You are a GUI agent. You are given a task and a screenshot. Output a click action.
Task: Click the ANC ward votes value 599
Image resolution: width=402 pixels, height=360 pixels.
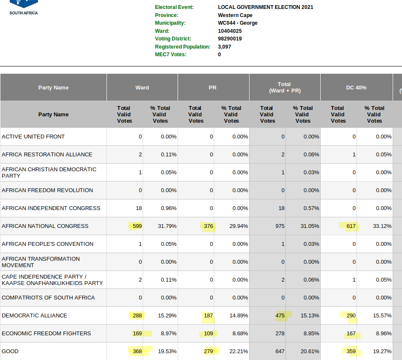click(x=137, y=226)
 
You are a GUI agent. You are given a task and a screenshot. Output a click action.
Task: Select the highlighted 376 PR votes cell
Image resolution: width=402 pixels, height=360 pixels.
click(x=208, y=226)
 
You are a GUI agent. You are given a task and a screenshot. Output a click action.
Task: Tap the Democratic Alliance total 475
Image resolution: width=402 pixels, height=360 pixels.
click(x=280, y=316)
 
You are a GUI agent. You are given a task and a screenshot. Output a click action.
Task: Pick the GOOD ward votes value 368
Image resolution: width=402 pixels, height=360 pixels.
click(x=137, y=351)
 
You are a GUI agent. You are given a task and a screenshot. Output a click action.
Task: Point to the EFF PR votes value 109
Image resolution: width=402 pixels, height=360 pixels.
click(x=208, y=333)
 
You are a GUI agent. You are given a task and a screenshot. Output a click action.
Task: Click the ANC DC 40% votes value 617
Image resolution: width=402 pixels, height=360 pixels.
click(x=351, y=226)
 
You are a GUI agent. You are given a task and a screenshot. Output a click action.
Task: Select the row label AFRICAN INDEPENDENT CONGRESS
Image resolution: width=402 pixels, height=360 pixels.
click(x=51, y=208)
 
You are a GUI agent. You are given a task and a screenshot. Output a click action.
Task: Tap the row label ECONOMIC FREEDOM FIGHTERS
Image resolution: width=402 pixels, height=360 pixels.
click(x=46, y=333)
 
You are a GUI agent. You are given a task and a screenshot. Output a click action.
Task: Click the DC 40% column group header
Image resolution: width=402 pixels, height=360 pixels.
click(x=356, y=88)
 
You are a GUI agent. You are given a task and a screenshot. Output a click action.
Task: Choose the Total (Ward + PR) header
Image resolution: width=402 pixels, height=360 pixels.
click(x=284, y=87)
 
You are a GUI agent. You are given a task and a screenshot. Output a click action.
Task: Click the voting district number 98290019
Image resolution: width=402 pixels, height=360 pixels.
click(x=230, y=39)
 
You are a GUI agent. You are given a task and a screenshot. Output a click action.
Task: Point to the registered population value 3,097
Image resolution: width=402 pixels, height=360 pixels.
click(x=224, y=47)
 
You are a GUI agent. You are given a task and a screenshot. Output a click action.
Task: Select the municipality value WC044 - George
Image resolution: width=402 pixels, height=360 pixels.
click(x=238, y=23)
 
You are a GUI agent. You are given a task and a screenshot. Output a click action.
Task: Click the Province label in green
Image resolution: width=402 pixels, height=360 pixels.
click(x=167, y=15)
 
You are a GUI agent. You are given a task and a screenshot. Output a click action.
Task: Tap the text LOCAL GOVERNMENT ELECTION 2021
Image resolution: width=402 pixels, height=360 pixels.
click(x=266, y=7)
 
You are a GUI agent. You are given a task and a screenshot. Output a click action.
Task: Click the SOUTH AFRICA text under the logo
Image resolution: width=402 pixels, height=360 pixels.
click(x=23, y=13)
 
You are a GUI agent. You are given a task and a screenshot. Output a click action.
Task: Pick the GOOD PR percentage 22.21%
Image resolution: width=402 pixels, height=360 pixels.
click(x=238, y=351)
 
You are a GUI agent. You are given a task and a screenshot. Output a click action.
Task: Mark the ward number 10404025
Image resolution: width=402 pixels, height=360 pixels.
click(x=230, y=31)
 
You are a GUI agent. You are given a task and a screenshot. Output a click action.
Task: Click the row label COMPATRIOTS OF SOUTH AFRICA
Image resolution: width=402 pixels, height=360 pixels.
click(x=48, y=298)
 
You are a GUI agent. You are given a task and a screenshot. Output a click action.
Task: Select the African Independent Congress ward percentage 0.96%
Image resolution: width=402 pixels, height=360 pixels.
click(x=169, y=208)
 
